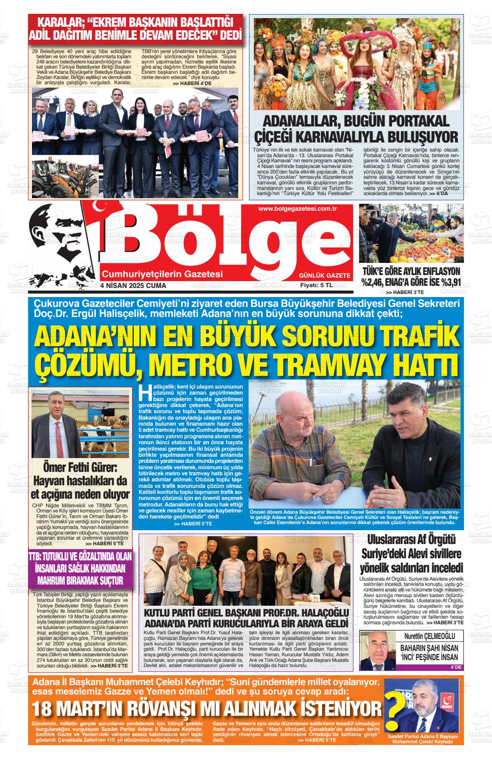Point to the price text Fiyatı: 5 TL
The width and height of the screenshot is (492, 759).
[317, 285]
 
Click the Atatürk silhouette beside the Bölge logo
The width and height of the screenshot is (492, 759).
[60, 242]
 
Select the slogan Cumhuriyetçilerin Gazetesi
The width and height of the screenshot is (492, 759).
[162, 274]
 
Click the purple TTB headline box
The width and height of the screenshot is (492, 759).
[80, 568]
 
